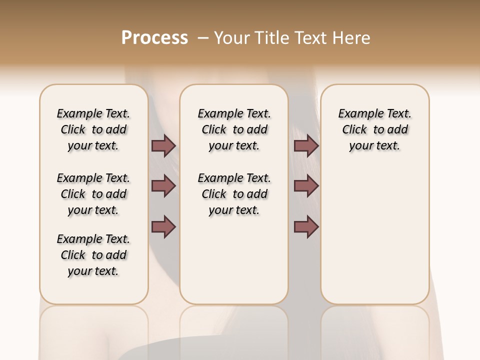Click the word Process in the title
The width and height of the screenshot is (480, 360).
click(x=154, y=37)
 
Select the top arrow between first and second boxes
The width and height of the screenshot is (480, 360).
click(x=163, y=145)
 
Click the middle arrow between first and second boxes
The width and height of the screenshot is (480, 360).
click(x=163, y=186)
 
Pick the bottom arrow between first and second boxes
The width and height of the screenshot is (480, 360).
click(x=163, y=226)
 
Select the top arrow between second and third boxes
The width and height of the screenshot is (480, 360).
click(x=306, y=145)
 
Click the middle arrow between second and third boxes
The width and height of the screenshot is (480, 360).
click(x=306, y=186)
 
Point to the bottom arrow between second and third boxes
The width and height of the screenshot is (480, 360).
click(x=306, y=226)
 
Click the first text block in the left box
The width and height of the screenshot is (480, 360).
click(x=93, y=129)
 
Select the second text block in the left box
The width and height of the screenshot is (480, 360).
click(x=93, y=194)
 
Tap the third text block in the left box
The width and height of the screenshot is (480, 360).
click(x=93, y=255)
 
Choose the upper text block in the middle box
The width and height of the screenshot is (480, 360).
click(x=234, y=129)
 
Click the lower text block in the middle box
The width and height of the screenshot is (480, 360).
click(x=234, y=194)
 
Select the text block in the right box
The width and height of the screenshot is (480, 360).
click(x=374, y=129)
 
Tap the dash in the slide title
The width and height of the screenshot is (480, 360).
click(x=202, y=37)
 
